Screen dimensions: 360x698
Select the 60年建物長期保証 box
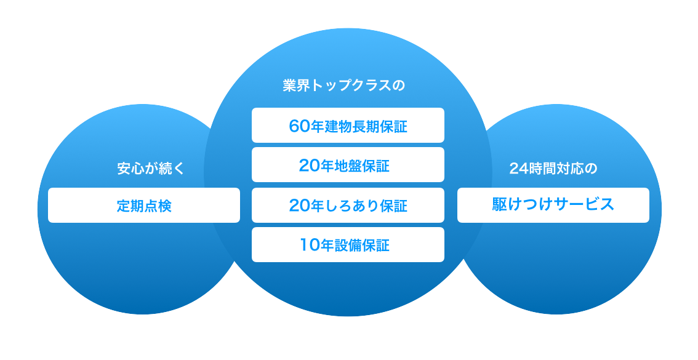(348, 126)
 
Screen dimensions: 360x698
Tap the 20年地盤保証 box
(348, 165)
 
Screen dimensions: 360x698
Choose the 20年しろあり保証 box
(348, 206)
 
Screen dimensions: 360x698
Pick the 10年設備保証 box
(348, 245)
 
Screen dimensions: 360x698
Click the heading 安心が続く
(151, 169)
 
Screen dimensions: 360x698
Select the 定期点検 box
(144, 206)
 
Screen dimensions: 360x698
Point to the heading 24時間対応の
(553, 169)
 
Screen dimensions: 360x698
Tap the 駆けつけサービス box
(553, 206)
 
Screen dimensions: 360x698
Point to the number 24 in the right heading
(516, 169)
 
